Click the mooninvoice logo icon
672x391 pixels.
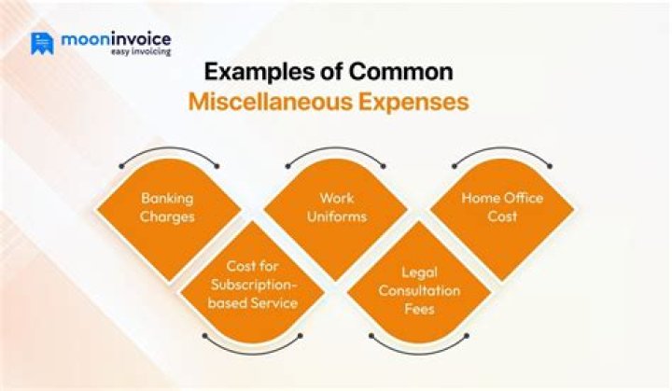click(x=42, y=43)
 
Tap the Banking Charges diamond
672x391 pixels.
click(x=167, y=207)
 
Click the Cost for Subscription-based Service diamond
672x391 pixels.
click(x=252, y=285)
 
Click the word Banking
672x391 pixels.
click(x=167, y=199)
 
